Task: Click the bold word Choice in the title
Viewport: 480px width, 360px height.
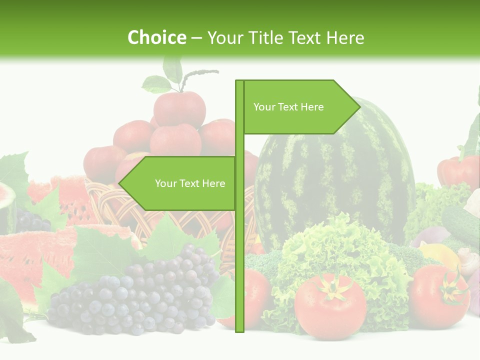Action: click(156, 37)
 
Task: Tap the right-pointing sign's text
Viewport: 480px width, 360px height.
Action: click(288, 107)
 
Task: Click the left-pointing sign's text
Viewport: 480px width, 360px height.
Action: click(190, 183)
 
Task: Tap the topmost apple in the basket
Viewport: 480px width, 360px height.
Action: click(179, 107)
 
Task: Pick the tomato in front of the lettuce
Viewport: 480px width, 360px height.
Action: click(330, 305)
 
